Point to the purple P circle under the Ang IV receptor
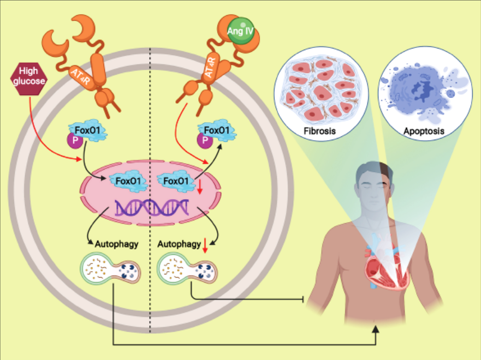204,140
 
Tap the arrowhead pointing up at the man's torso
377,329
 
